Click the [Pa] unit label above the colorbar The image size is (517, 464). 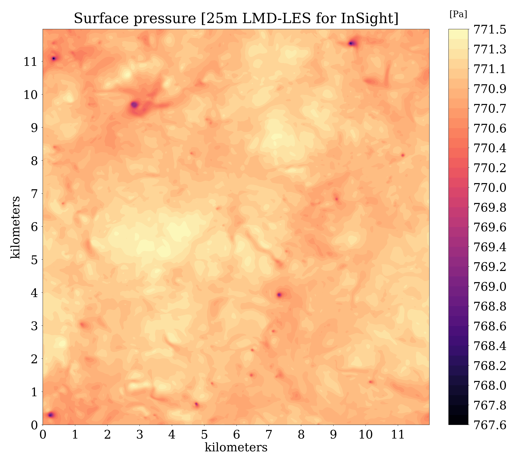[x=458, y=15]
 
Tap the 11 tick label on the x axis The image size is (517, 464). [x=398, y=435]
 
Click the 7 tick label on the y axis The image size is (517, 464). [x=34, y=194]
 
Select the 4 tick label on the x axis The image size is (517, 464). [x=172, y=435]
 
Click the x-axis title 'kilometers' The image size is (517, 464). [x=236, y=447]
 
